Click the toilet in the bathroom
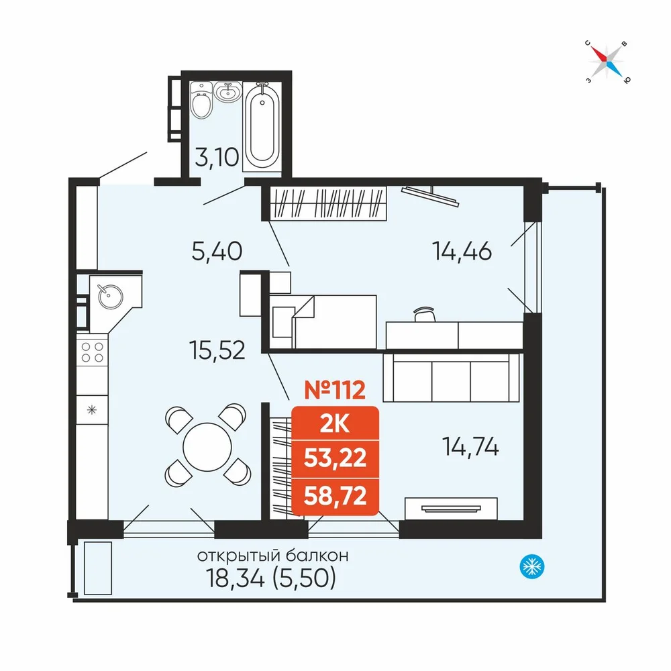coord(201,100)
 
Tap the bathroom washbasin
coord(227,92)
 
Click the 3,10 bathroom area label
coord(217,156)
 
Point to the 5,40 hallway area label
coord(217,251)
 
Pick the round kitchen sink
coord(111,296)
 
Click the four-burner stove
coord(93,352)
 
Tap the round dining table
coord(207,447)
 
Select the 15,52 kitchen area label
coord(217,350)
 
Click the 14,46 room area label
coord(462,251)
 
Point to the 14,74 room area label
coord(470,447)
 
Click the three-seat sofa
coord(452,377)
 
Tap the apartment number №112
coord(335,390)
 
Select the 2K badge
coord(335,424)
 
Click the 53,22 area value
coord(335,458)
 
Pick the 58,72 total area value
coord(335,496)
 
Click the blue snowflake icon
coord(532,566)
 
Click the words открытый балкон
coord(272,556)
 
